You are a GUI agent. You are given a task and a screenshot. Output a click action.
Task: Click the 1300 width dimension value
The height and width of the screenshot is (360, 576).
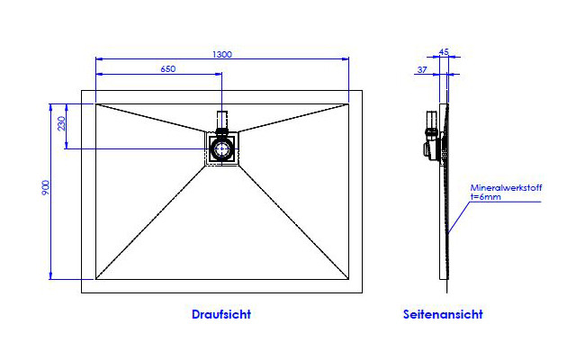[x=222, y=54]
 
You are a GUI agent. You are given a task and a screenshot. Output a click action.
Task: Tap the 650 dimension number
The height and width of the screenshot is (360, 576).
[x=168, y=69]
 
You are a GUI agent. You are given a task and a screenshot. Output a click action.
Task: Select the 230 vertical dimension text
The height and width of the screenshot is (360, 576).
[x=61, y=123]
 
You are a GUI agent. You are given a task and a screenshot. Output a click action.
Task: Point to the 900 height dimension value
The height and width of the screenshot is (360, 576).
[x=46, y=187]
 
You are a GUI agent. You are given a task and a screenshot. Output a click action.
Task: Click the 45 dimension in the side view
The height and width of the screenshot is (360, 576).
[x=444, y=52]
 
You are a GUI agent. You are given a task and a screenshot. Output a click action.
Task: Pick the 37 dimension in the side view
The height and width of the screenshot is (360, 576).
[x=422, y=69]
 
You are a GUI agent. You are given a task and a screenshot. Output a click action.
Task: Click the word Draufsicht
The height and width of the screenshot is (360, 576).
[x=221, y=314]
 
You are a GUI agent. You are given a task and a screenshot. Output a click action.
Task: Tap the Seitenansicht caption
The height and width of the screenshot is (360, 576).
[x=443, y=314]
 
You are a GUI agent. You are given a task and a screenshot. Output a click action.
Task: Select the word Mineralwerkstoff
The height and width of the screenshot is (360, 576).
[x=506, y=188]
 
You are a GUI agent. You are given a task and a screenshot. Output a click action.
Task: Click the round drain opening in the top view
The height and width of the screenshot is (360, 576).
[x=222, y=149]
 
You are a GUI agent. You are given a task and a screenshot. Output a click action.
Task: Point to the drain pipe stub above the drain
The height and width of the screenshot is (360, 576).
[x=222, y=119]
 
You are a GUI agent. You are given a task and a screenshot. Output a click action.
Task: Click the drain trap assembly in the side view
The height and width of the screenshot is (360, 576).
[x=434, y=135]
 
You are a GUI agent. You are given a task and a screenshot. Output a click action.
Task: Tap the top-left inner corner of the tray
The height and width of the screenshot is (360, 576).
[x=96, y=104]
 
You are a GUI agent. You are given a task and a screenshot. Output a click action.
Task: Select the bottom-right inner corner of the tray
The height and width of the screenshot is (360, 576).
[x=348, y=279]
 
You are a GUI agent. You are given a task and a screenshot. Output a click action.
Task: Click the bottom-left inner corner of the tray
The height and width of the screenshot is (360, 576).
[x=96, y=279]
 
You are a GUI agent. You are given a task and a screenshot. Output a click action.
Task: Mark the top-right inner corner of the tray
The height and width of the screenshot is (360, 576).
[x=348, y=104]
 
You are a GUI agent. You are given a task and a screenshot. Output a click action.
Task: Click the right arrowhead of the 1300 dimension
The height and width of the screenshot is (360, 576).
[x=346, y=58]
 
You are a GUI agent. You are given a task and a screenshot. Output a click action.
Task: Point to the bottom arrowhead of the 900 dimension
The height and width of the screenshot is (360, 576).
[x=50, y=276]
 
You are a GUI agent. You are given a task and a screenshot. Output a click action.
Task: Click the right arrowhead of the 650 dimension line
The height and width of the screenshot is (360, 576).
[x=219, y=74]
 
